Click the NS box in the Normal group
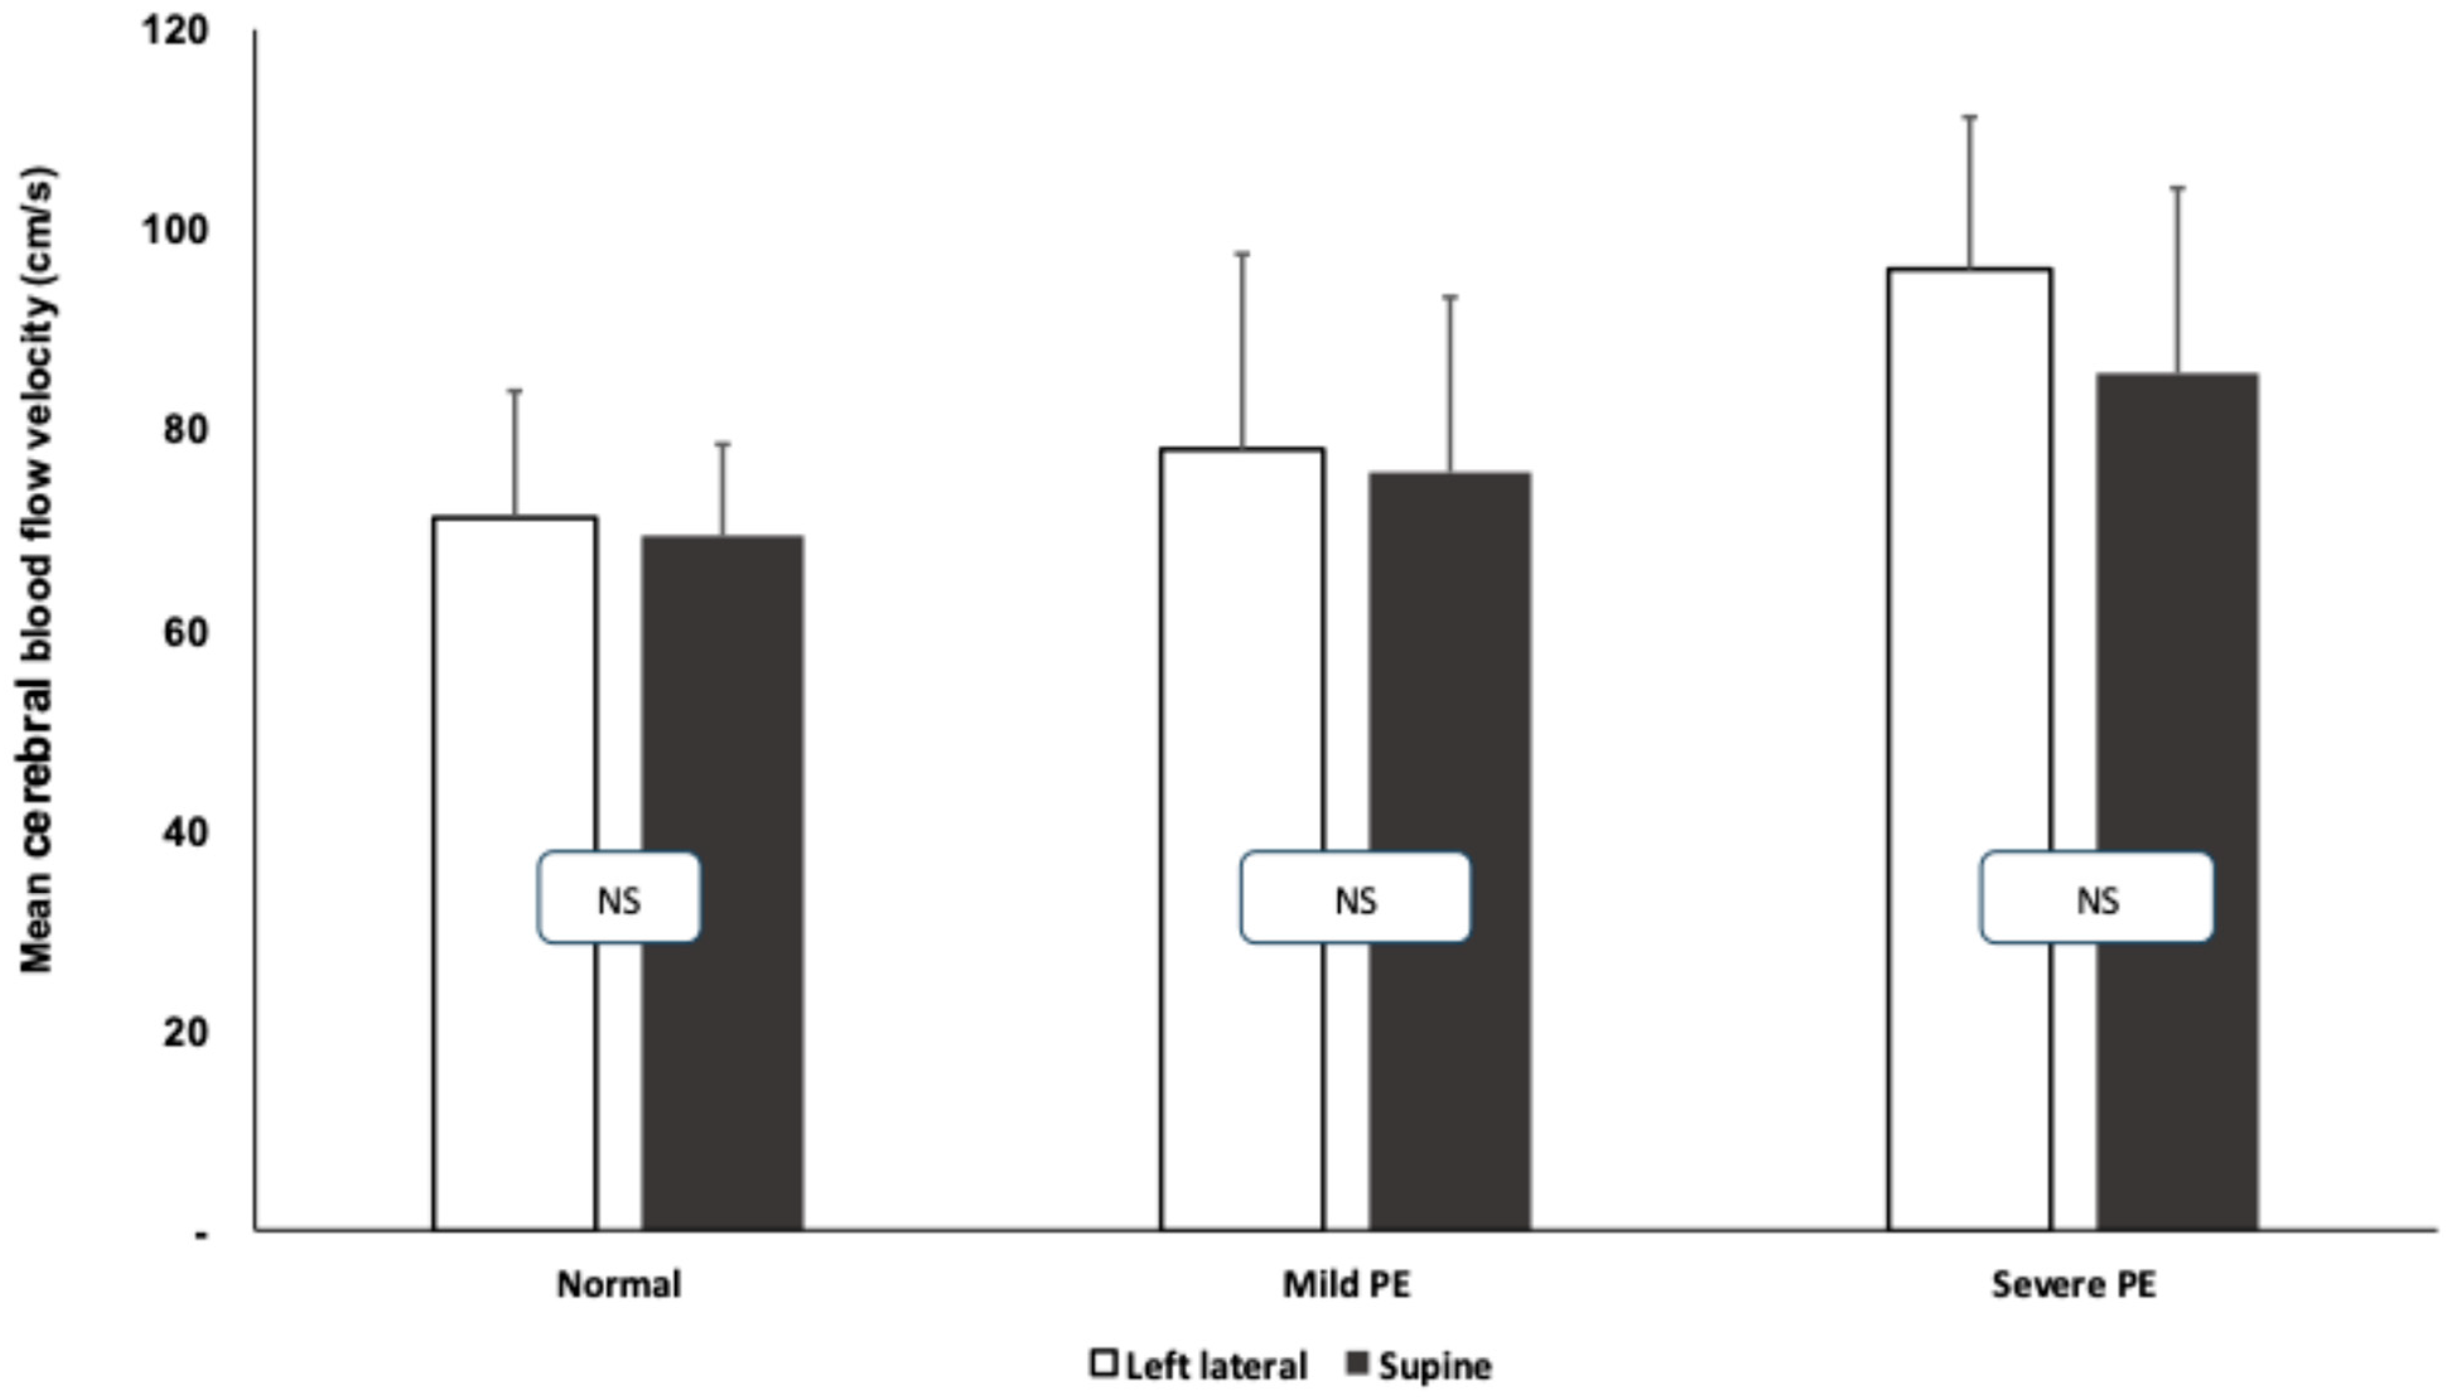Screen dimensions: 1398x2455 (x=618, y=899)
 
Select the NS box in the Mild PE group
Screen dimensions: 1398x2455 (x=1355, y=899)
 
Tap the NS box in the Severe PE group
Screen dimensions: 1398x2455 (x=2097, y=899)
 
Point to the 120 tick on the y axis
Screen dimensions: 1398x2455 (x=175, y=31)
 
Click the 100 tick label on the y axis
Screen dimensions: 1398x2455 (x=175, y=230)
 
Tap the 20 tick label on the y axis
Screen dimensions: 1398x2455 (x=185, y=1032)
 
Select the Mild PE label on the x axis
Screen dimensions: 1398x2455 (x=1347, y=1284)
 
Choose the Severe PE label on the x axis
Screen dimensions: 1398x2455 (x=2074, y=1284)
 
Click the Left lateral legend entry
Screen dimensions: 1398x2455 (x=1200, y=1365)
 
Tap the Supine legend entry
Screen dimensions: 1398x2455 (x=1421, y=1365)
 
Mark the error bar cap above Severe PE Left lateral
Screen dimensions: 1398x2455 (x=1969, y=116)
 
